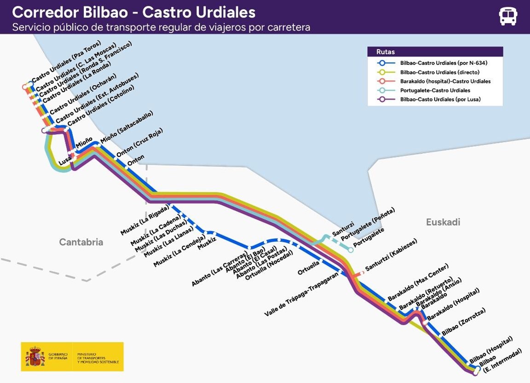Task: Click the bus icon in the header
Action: click(508, 16)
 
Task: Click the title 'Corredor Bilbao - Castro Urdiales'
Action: click(134, 12)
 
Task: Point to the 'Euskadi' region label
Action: click(443, 222)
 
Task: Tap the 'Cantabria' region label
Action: click(81, 242)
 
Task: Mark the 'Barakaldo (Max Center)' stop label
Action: click(418, 282)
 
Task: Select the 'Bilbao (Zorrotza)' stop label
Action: click(463, 322)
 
